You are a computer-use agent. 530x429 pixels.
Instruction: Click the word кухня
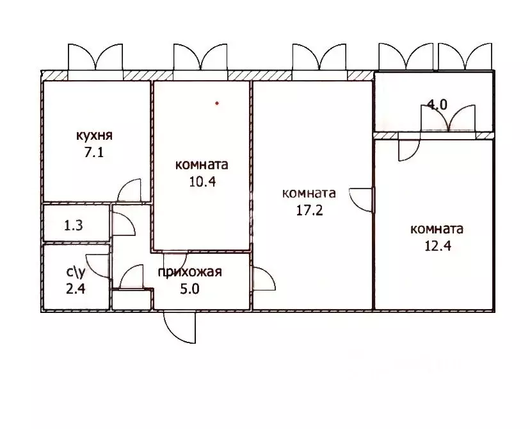tap(94, 135)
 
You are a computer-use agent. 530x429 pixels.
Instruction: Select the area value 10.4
tap(202, 181)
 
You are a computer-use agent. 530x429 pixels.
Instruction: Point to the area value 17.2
tap(309, 209)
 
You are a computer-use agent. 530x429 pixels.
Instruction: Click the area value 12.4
tap(437, 245)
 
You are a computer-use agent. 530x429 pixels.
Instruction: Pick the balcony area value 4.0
tap(437, 106)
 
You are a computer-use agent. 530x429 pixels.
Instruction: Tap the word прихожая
tap(190, 272)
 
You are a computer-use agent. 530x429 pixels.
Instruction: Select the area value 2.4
tap(76, 287)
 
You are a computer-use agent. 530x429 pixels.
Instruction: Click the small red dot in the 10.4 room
tap(217, 103)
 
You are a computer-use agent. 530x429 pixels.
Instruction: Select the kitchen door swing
tap(130, 191)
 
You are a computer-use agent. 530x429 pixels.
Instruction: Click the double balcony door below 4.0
tap(447, 119)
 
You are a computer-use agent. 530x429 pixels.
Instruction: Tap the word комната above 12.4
tap(437, 229)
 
